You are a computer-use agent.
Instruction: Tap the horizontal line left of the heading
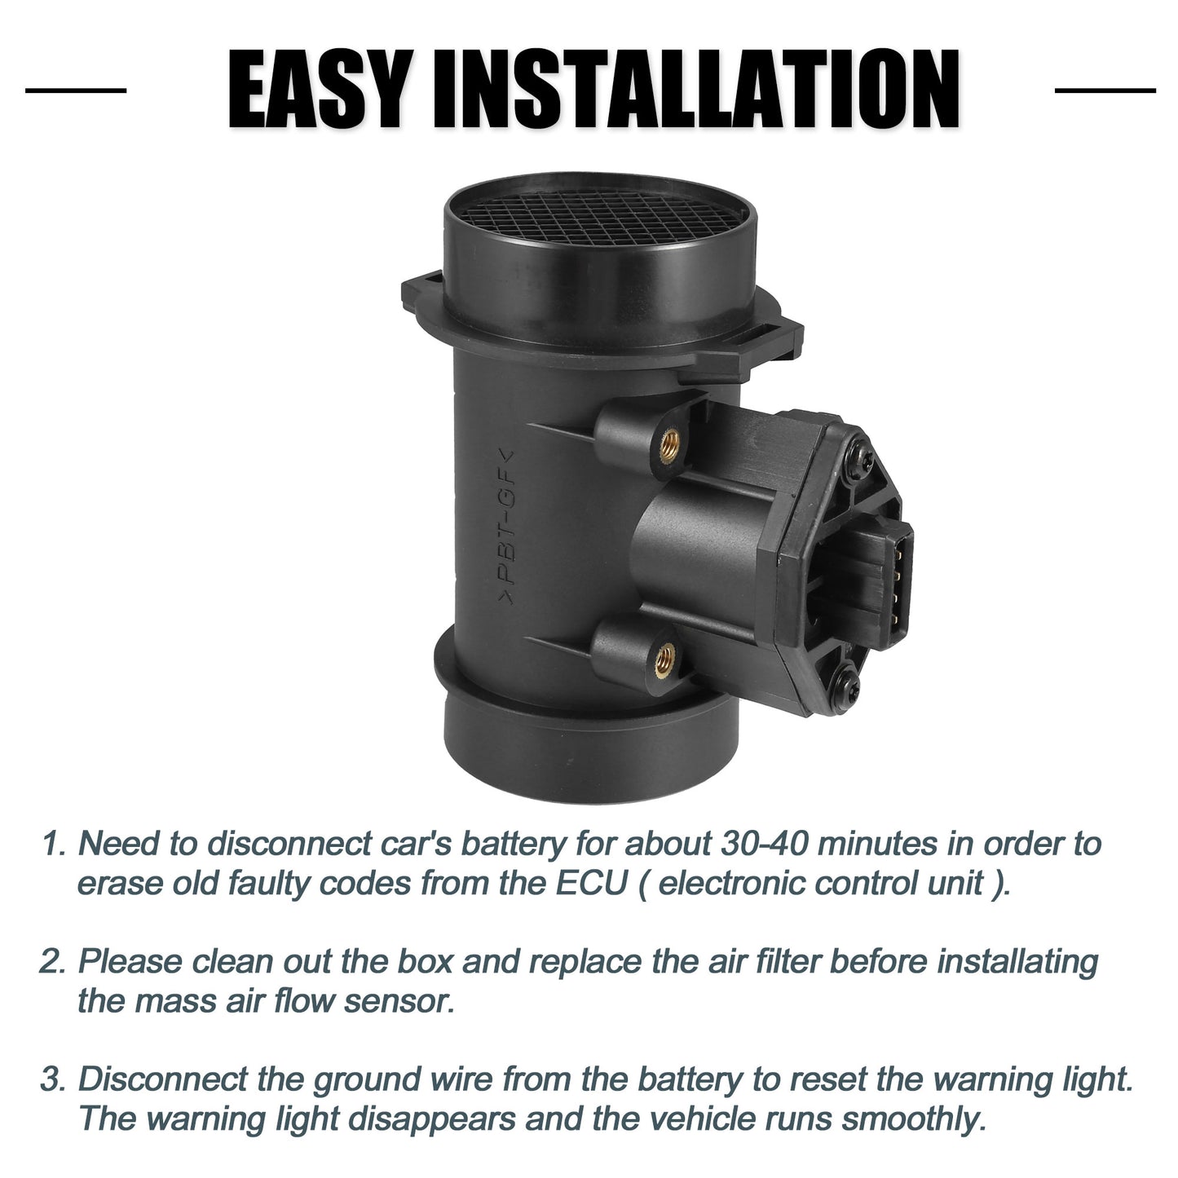(76, 90)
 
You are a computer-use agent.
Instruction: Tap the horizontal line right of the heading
(1105, 90)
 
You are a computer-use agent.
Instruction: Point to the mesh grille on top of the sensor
(599, 216)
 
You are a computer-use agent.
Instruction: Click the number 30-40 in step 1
(765, 845)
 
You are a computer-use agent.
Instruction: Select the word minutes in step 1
(876, 845)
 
